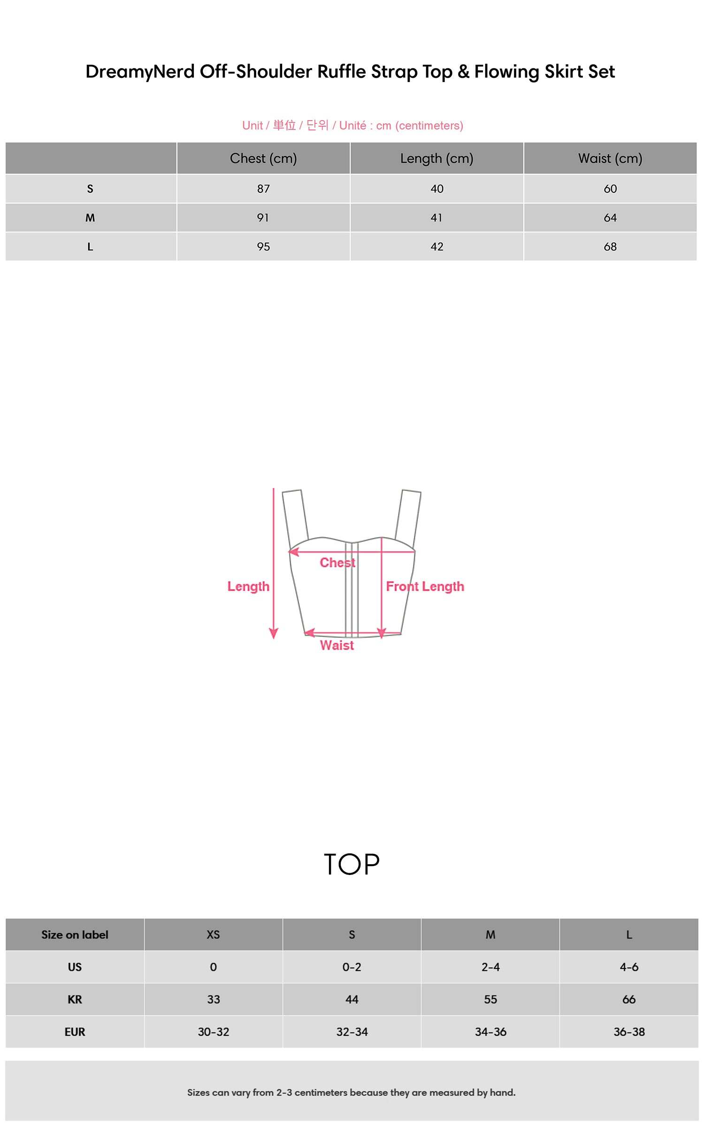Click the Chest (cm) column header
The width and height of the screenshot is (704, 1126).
coord(263,159)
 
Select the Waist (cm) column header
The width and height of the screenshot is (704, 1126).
coord(610,159)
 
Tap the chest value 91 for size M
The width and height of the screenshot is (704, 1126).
coord(263,218)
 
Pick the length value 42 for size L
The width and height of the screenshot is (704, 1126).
coord(437,247)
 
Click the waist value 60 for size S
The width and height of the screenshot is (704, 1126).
coord(610,189)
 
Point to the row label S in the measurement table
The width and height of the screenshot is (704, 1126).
coord(90,189)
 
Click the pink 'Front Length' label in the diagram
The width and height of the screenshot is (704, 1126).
coord(425,586)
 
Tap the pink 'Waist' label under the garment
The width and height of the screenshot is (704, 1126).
coord(337,645)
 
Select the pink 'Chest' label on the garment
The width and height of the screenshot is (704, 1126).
coord(337,563)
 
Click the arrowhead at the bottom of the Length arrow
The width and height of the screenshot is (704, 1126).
coord(274,634)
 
